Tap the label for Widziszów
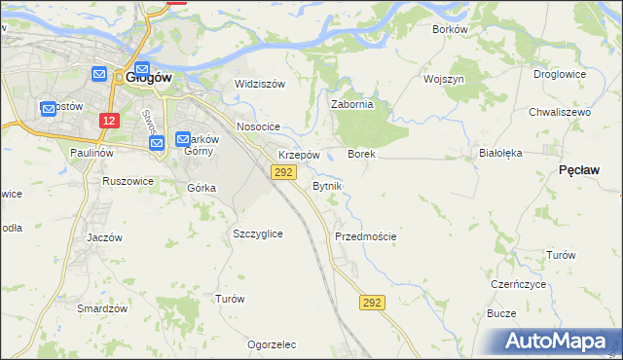260,84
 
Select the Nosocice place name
258,126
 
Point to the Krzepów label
299,155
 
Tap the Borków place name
450,29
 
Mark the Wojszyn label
443,78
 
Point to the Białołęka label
501,153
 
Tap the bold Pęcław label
579,169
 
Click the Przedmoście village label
365,236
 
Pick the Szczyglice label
258,234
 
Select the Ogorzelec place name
272,344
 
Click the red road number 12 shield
109,120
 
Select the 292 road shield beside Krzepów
282,172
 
